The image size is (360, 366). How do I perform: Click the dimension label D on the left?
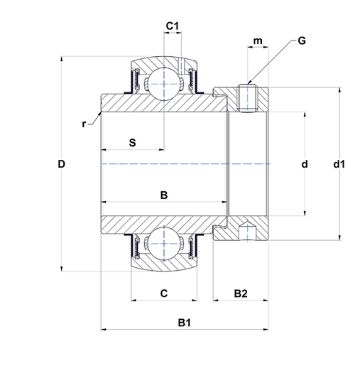[x=62, y=164]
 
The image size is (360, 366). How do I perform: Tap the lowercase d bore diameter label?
[x=305, y=164]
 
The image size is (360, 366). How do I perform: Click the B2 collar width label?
[x=241, y=293]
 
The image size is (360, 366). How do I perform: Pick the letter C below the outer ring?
[x=163, y=293]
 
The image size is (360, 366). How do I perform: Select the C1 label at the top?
[x=172, y=26]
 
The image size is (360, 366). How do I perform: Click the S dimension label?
[x=132, y=142]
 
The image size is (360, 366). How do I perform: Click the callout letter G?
[x=302, y=41]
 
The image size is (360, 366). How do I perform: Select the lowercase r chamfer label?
[x=84, y=124]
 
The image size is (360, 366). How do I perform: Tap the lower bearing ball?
[x=163, y=244]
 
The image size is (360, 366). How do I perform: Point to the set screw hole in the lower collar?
[x=247, y=232]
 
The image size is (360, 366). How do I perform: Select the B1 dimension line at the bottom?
[x=142, y=330]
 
